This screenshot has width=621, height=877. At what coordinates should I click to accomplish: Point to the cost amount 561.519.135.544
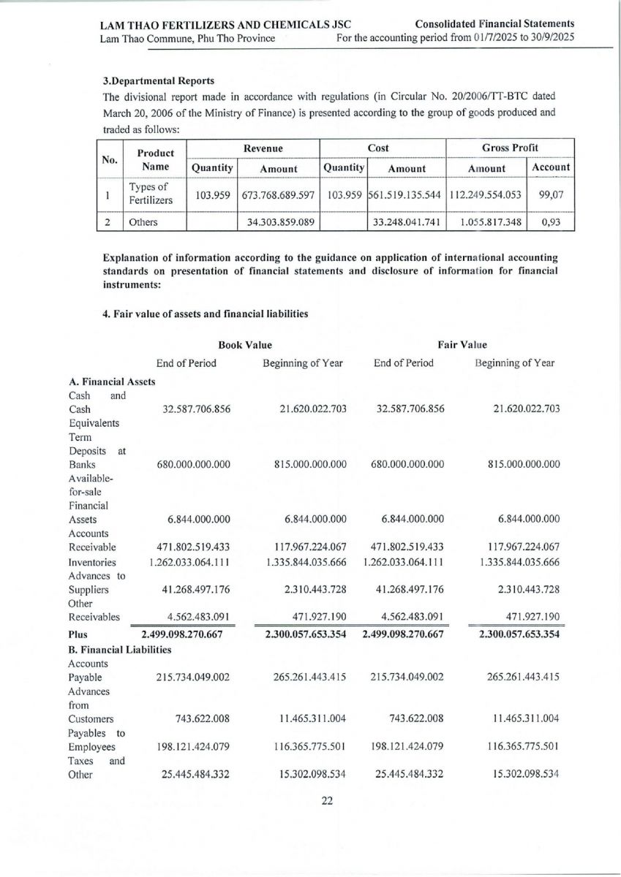tap(407, 196)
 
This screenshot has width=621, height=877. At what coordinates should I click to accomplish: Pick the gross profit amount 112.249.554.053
tap(486, 196)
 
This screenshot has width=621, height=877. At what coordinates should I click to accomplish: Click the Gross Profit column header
tap(509, 148)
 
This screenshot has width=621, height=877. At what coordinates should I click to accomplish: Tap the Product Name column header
tap(156, 159)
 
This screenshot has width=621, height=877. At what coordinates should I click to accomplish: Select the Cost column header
tap(378, 148)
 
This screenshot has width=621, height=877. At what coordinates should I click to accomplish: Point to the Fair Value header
tap(462, 344)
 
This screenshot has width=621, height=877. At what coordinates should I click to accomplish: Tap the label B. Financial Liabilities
tap(119, 649)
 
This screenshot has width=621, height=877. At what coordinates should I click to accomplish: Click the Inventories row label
tap(92, 563)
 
